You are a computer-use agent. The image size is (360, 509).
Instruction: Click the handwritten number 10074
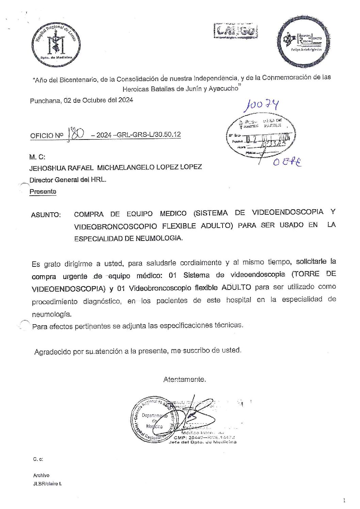click(261, 105)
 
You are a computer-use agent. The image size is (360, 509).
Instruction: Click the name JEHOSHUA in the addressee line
click(47, 168)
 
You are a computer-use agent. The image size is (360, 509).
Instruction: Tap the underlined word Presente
click(43, 192)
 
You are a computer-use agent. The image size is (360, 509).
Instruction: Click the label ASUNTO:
click(46, 215)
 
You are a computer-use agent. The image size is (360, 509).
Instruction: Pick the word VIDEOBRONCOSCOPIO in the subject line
click(116, 226)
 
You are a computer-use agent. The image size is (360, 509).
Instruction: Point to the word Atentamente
click(184, 379)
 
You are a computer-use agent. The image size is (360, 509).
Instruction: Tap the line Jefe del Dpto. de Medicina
click(202, 442)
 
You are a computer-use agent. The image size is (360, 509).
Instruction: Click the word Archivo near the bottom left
click(41, 475)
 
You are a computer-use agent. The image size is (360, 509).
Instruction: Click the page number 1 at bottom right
click(344, 500)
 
